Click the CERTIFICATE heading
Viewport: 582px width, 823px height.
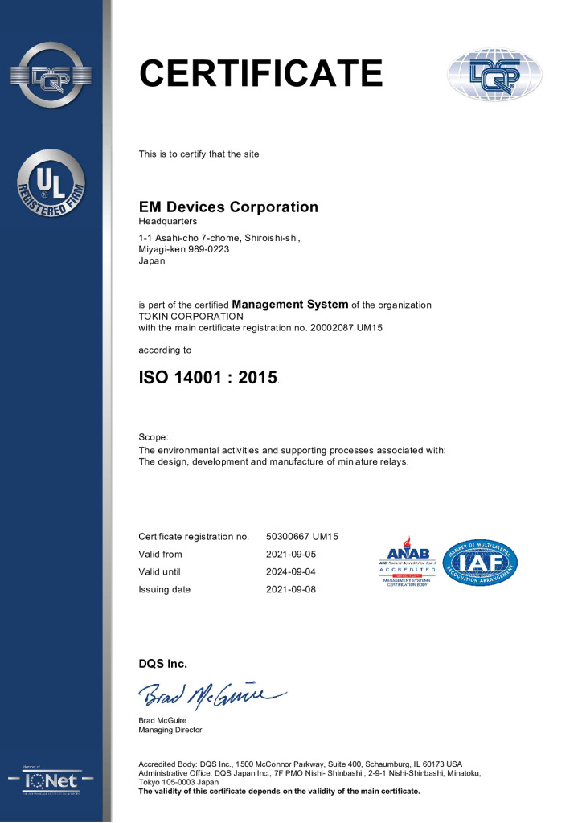pyautogui.click(x=260, y=73)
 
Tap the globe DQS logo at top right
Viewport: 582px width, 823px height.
pyautogui.click(x=484, y=75)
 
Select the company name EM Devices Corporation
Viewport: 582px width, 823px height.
pyautogui.click(x=228, y=207)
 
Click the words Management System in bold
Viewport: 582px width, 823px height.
pyautogui.click(x=290, y=305)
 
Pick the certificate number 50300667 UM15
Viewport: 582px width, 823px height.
pyautogui.click(x=302, y=536)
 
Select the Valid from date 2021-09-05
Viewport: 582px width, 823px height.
pyautogui.click(x=290, y=555)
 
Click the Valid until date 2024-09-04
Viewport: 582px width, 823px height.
pyautogui.click(x=290, y=572)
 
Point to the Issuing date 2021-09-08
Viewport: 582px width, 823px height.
pyautogui.click(x=290, y=590)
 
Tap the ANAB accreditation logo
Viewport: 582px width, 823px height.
pyautogui.click(x=409, y=563)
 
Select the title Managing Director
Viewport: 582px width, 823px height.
pyautogui.click(x=170, y=730)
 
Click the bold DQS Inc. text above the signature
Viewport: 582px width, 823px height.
pyautogui.click(x=162, y=664)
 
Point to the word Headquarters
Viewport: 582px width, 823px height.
pyautogui.click(x=168, y=221)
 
